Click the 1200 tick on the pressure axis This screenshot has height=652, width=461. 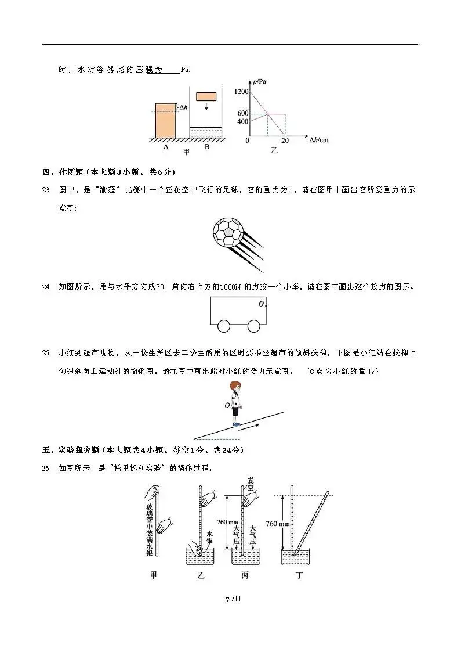242,92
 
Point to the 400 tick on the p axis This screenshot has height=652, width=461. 242,121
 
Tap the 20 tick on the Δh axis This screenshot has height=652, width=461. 285,141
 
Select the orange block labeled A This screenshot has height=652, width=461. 165,121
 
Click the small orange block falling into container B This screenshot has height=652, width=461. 206,96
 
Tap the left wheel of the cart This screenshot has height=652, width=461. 224,326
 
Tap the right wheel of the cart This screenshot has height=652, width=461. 254,326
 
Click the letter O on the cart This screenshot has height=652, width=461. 262,304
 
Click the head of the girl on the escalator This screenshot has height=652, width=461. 234,387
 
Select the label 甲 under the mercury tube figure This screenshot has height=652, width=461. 154,576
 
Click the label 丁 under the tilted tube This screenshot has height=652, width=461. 299,576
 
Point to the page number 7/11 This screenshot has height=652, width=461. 233,599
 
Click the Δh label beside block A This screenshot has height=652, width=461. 183,107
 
